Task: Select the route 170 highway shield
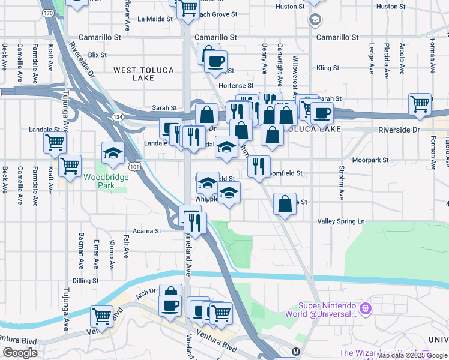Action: tap(48, 12)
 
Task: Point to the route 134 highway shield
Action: tap(116, 114)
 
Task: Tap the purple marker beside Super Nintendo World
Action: tap(366, 309)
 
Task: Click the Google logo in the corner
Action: tap(20, 353)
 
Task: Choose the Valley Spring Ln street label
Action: tap(341, 221)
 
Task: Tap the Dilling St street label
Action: tap(85, 280)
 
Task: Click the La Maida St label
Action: tap(155, 19)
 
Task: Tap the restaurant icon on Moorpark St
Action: tap(259, 166)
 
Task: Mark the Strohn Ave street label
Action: tap(341, 182)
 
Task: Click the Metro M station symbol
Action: tap(295, 351)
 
